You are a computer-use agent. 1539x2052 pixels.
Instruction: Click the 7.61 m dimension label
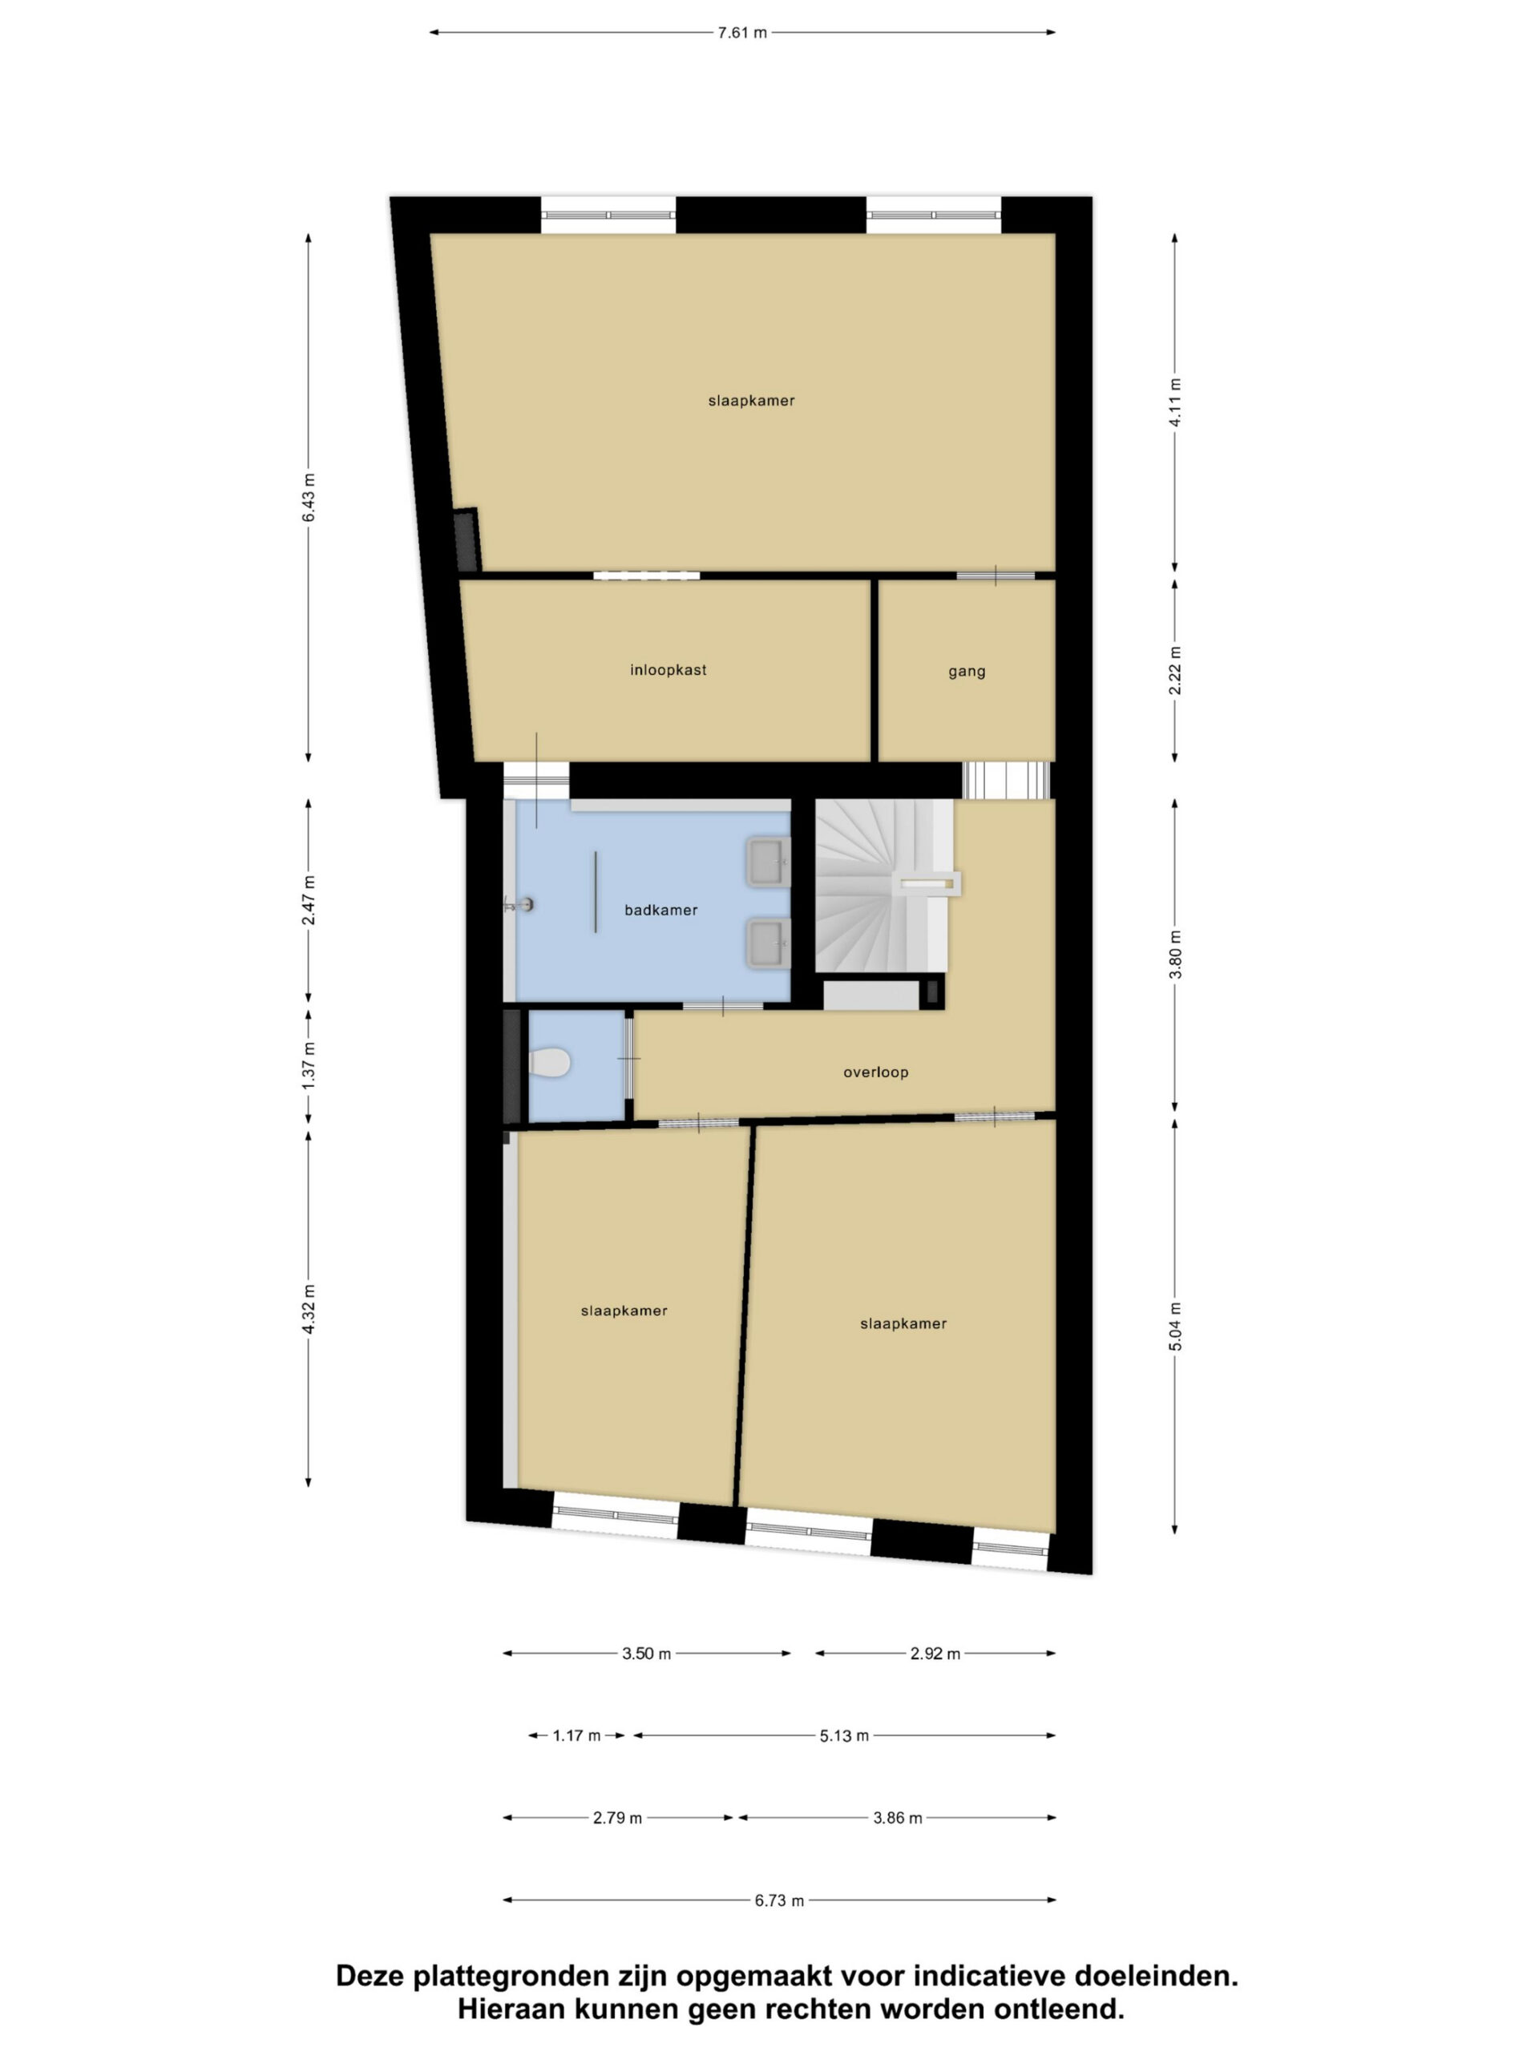[742, 33]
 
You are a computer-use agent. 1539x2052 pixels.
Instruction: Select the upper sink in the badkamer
[768, 861]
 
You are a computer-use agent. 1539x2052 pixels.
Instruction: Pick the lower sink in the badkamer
[768, 943]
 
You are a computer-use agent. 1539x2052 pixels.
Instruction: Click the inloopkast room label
[668, 670]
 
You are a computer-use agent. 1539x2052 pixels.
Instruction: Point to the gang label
[967, 672]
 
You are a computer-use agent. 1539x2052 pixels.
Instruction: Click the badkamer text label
[660, 910]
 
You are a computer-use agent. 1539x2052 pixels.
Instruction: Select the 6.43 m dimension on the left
[309, 497]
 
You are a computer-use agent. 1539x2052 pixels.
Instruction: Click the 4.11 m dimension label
[1174, 402]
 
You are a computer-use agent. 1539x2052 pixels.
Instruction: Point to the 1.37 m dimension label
[309, 1065]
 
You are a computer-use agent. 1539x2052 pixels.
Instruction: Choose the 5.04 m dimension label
[1174, 1327]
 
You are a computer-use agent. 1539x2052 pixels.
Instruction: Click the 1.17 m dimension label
[577, 1735]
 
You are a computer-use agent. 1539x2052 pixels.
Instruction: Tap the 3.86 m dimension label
[898, 1818]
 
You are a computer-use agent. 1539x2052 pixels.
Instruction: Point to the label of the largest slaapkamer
[751, 401]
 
